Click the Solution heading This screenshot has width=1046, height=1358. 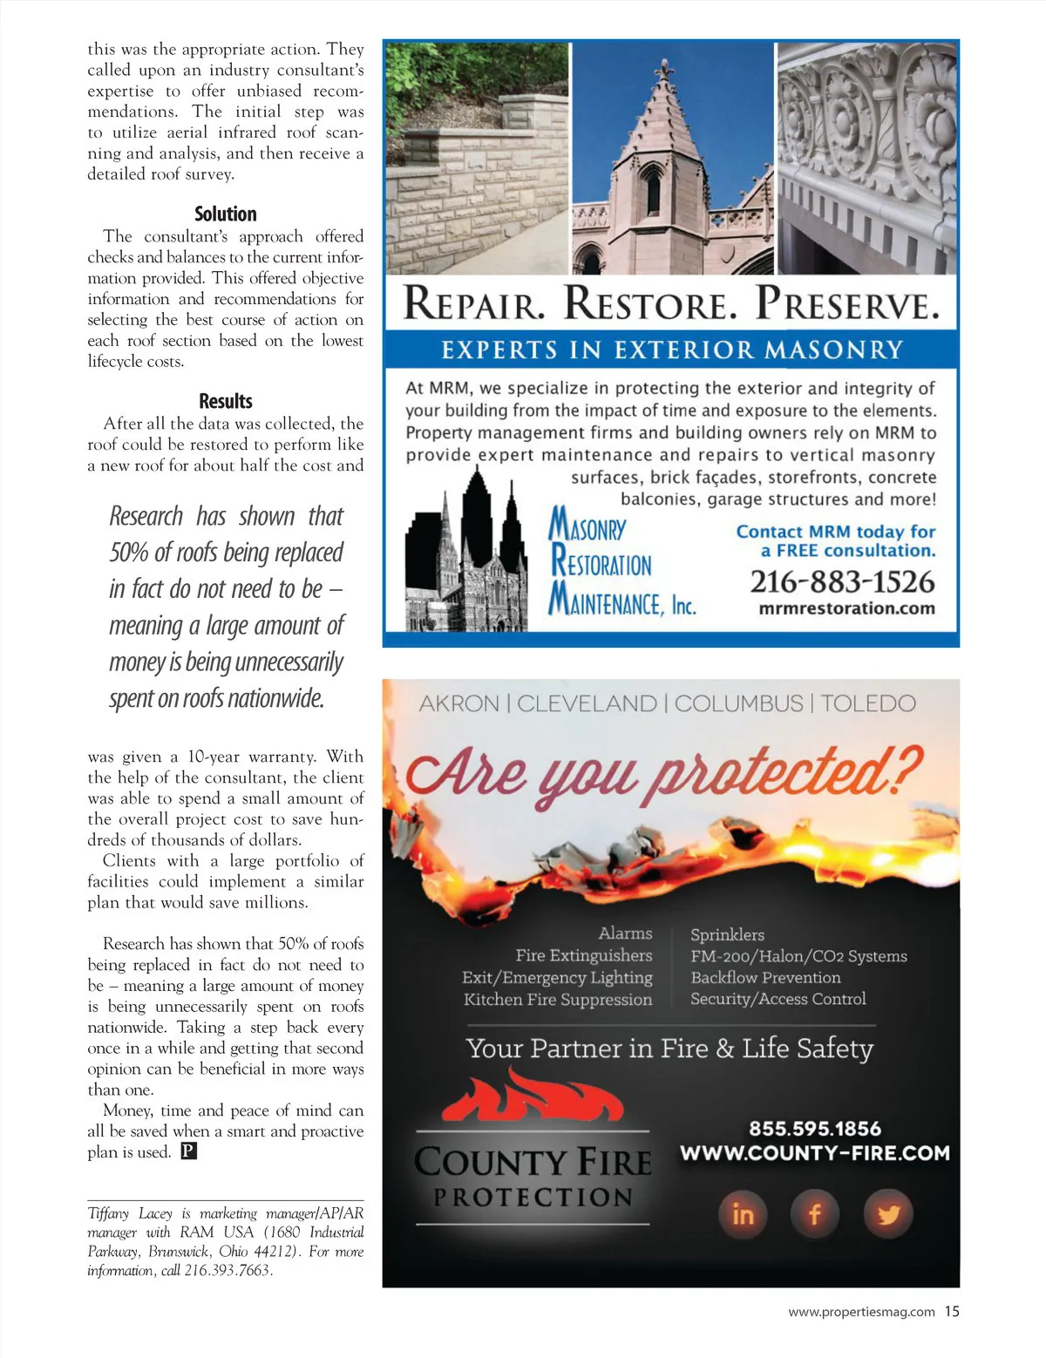tap(225, 214)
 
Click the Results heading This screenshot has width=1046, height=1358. tap(225, 402)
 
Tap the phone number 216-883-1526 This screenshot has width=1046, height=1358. tap(841, 581)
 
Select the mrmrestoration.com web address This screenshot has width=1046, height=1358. tap(846, 608)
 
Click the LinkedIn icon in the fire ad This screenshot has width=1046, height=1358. tap(743, 1213)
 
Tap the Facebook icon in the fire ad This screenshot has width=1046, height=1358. tap(815, 1213)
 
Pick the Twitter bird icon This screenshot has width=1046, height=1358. tap(887, 1213)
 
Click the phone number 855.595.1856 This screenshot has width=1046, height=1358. tap(814, 1129)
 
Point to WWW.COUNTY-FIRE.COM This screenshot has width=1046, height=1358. tap(814, 1153)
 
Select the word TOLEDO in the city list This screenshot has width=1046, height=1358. tap(867, 703)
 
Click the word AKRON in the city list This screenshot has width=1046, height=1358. tap(459, 703)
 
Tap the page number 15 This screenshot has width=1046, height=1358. tap(951, 1311)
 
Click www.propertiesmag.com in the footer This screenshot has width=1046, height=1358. tap(861, 1312)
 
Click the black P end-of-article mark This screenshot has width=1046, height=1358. tap(189, 1152)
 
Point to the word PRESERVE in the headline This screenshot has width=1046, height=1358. tap(846, 304)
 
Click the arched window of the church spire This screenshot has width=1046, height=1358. tap(652, 189)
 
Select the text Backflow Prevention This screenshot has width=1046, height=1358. tap(765, 977)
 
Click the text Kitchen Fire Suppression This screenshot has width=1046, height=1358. tap(558, 1000)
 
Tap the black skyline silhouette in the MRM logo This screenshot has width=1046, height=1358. tap(466, 558)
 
